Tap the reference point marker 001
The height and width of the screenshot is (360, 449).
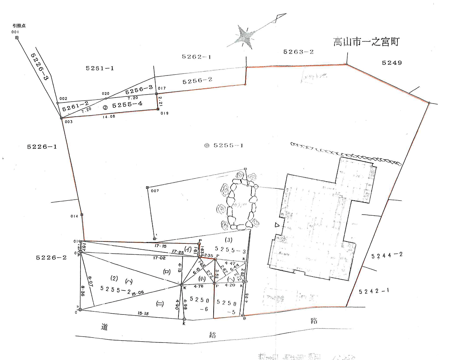pos(17,38)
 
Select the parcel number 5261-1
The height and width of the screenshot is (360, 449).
pos(100,68)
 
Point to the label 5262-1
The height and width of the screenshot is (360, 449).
pos(196,57)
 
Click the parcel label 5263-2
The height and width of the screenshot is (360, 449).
pos(298,52)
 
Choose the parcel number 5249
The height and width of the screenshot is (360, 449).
pos(392,63)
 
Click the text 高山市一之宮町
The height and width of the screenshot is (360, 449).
pos(367,42)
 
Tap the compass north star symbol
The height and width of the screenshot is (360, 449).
pos(246,36)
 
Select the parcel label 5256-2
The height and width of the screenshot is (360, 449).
pos(198,80)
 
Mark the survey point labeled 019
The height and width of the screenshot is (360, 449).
pos(158,109)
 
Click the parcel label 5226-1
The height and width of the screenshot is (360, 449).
pos(42,147)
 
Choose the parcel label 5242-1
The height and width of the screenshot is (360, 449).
pos(374,291)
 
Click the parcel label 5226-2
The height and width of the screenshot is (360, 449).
pos(51,258)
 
